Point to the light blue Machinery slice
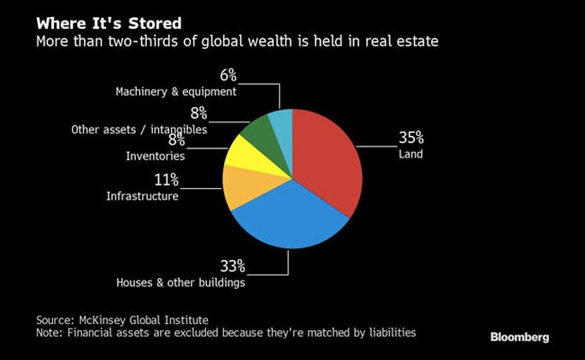281,121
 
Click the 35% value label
411,138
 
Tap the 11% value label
166,179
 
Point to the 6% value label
227,75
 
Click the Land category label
411,155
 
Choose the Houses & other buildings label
180,282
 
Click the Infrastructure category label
142,197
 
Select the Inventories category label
155,156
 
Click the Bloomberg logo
519,337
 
